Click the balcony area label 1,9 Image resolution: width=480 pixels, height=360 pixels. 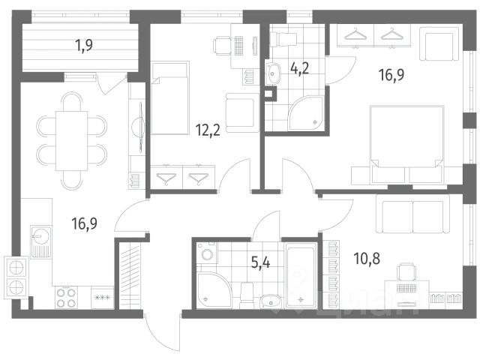click(84, 46)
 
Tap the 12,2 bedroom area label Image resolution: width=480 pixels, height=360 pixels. click(208, 130)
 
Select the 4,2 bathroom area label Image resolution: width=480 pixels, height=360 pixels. click(299, 68)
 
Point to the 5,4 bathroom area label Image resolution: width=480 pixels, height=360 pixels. click(260, 262)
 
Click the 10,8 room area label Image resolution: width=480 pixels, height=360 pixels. click(367, 259)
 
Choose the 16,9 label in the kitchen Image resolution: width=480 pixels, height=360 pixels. click(85, 223)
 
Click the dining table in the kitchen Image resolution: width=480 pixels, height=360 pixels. click(72, 141)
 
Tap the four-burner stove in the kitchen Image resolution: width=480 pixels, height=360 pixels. click(66, 298)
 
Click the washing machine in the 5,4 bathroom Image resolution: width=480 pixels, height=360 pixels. click(207, 253)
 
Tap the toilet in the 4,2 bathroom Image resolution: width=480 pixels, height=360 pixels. click(283, 39)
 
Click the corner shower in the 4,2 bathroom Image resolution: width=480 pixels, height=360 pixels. click(307, 113)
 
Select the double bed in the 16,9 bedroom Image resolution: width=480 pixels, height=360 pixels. click(406, 145)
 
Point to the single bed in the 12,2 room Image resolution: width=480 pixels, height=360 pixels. click(170, 98)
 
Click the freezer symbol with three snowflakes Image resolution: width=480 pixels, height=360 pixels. click(103, 298)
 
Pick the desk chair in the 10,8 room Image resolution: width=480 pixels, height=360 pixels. click(406, 272)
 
